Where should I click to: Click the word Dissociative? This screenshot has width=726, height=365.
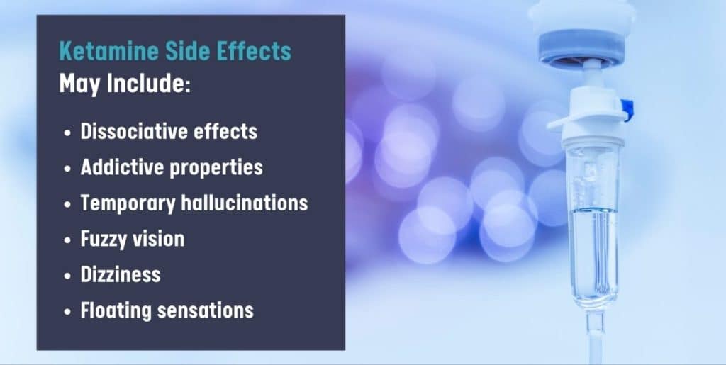pyautogui.click(x=134, y=131)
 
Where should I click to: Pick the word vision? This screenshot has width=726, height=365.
pyautogui.click(x=160, y=239)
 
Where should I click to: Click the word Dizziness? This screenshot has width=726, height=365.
pyautogui.click(x=121, y=274)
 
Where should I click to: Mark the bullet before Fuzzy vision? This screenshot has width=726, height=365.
pyautogui.click(x=67, y=240)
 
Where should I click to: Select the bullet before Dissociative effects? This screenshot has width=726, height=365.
pyautogui.click(x=67, y=133)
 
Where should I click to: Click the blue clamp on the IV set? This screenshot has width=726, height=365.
pyautogui.click(x=627, y=108)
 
